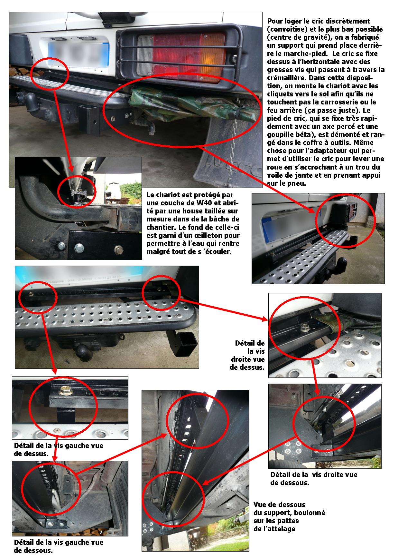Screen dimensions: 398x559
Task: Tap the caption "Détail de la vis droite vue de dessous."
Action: [314, 479]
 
